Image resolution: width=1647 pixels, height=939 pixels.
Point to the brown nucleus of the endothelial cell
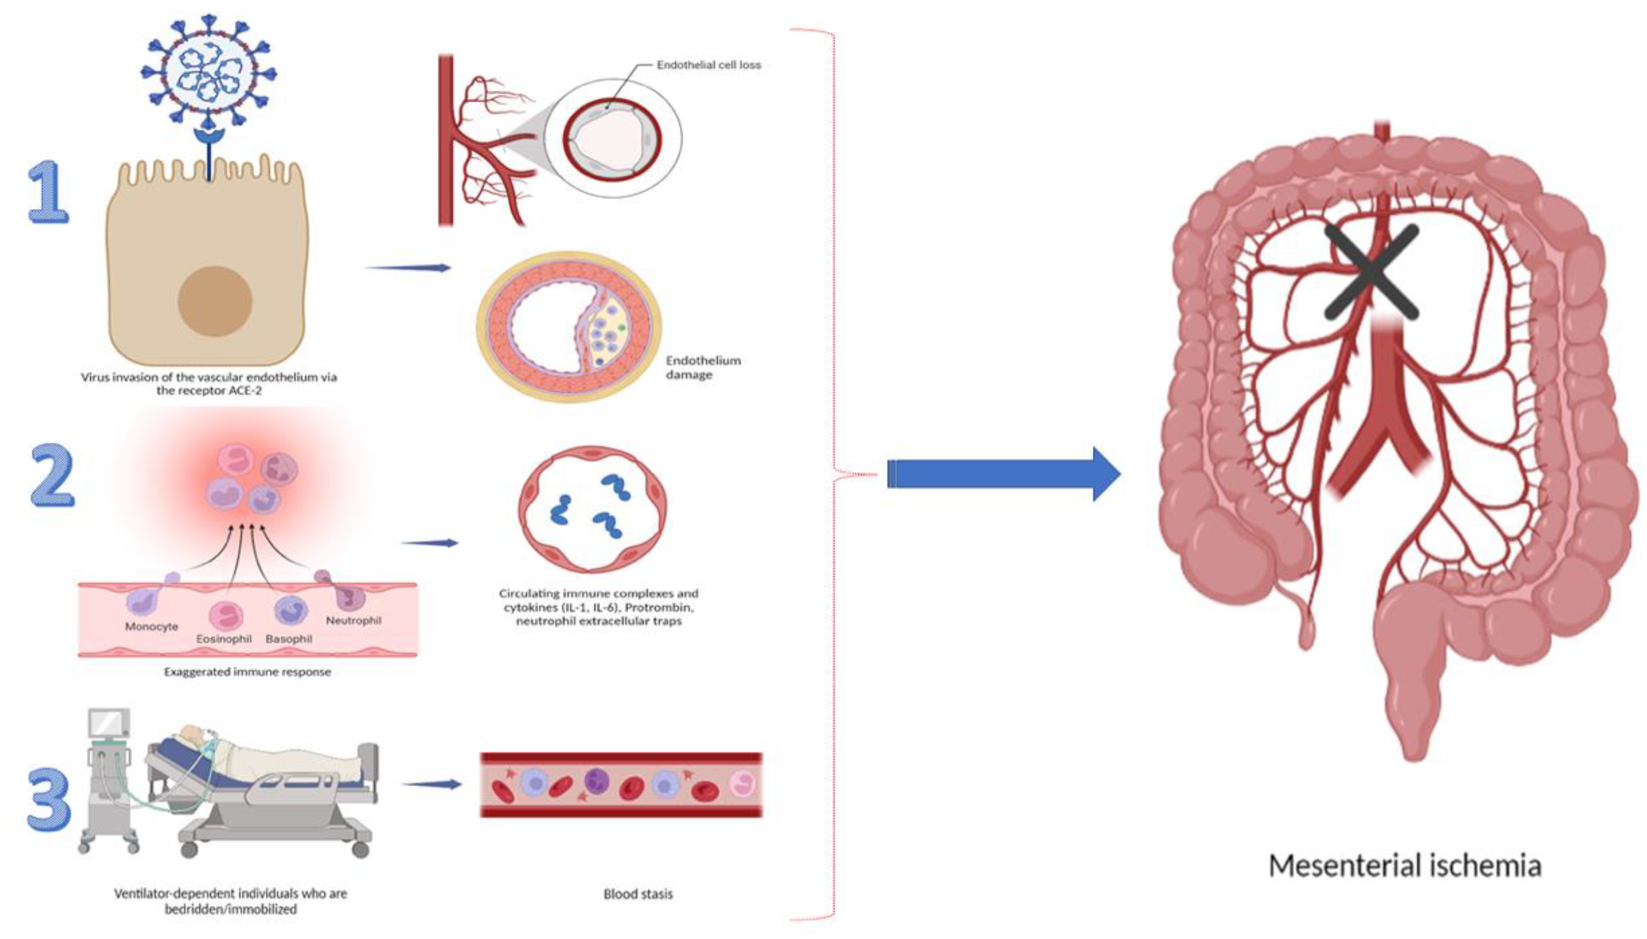point(214,301)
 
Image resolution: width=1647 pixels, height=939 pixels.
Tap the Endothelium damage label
point(702,367)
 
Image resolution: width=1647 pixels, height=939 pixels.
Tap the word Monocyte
point(152,626)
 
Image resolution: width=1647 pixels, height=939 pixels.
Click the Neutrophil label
point(353,621)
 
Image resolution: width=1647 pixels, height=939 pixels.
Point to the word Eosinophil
point(223,638)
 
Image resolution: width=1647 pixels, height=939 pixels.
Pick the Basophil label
point(288,638)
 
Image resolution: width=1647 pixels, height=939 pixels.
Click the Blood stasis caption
point(638,894)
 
